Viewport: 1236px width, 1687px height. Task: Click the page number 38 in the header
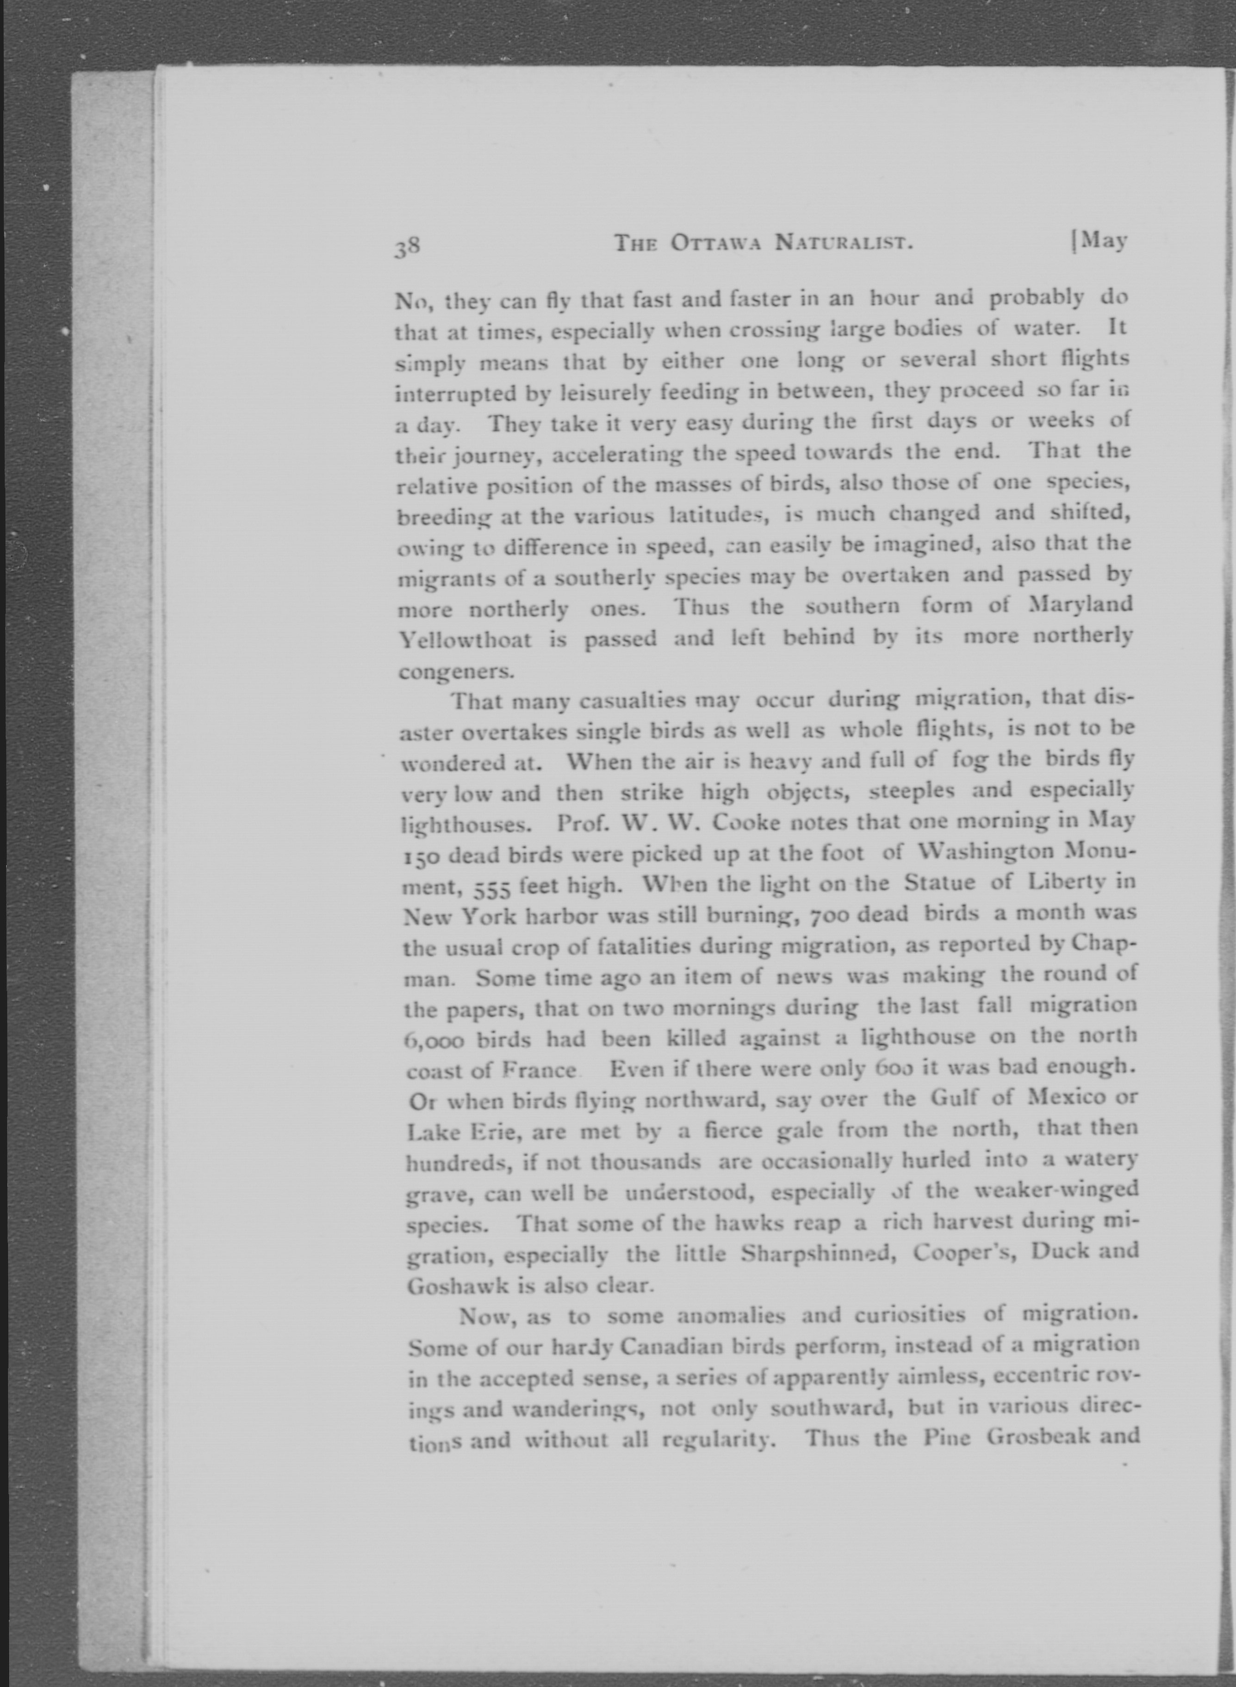pos(408,246)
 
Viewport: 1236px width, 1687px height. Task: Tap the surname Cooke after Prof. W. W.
pos(751,823)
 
